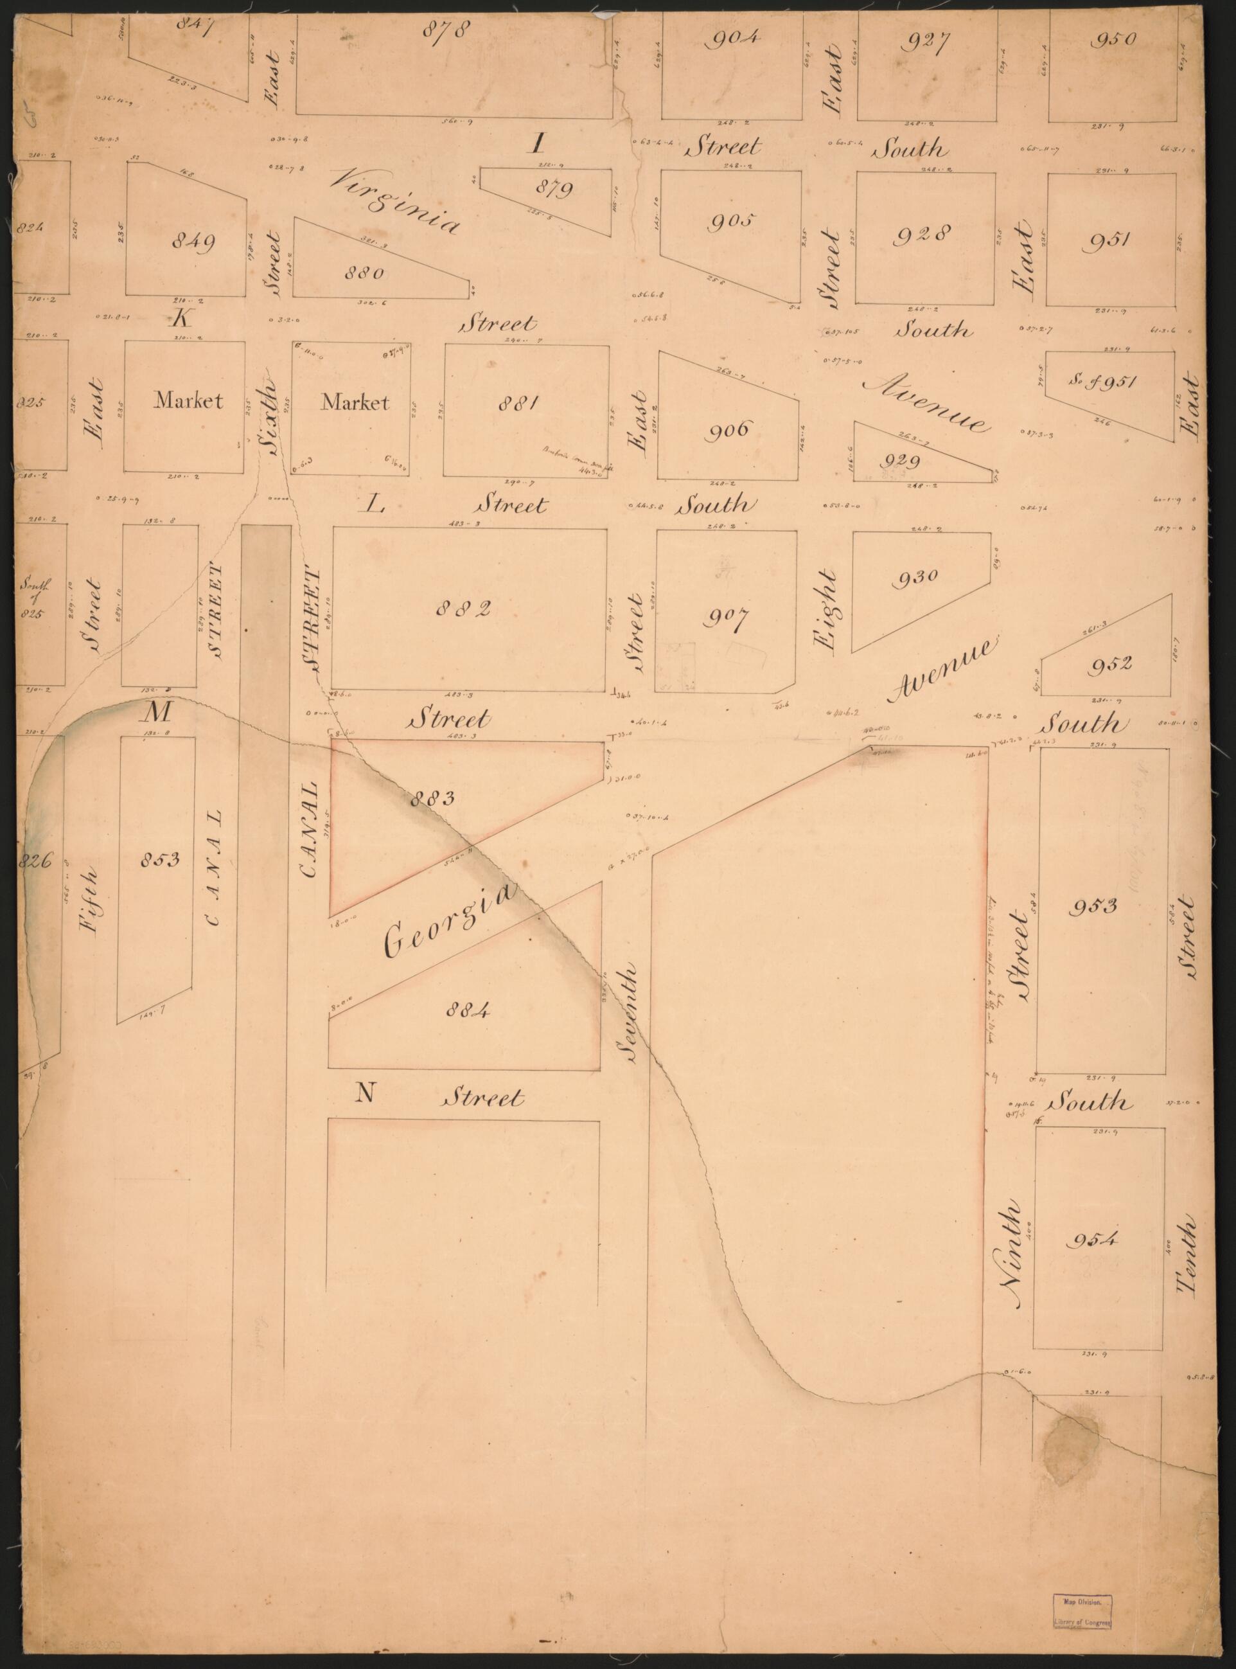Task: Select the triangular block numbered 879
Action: [554, 188]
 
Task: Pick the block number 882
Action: [464, 609]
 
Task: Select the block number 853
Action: [159, 859]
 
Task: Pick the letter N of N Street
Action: [364, 1093]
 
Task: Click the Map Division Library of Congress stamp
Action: [1082, 1605]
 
